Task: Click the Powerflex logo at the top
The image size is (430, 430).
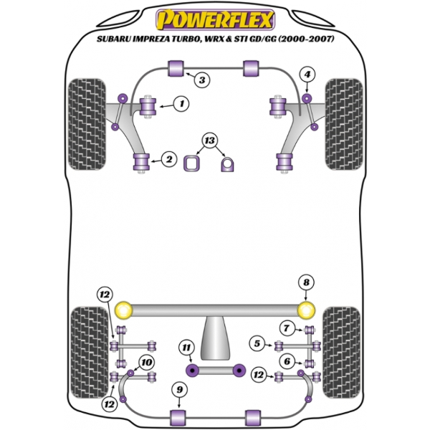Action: [x=215, y=20]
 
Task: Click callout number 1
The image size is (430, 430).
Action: [x=181, y=104]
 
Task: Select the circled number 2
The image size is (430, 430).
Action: [x=168, y=159]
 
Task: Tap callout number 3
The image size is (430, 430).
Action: [x=202, y=80]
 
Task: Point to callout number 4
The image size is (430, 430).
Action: [x=307, y=75]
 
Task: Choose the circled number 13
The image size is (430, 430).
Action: [x=209, y=140]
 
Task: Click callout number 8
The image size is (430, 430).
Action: [x=306, y=282]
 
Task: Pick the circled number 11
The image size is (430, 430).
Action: [x=186, y=348]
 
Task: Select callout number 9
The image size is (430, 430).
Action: [x=179, y=390]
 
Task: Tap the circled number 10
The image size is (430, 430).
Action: [x=146, y=362]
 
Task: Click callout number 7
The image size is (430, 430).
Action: [x=287, y=328]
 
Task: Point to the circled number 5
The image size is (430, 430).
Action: [x=257, y=343]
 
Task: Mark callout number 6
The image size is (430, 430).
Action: [x=287, y=361]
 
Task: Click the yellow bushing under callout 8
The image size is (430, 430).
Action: [x=306, y=310]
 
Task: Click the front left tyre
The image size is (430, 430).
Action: [x=87, y=125]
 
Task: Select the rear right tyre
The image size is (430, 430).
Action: [x=342, y=353]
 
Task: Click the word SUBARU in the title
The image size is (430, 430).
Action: [x=113, y=39]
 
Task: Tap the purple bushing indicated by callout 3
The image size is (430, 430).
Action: [x=176, y=68]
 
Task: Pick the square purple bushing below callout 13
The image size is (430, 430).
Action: [x=191, y=163]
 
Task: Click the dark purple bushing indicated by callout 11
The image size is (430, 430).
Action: [x=193, y=371]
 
